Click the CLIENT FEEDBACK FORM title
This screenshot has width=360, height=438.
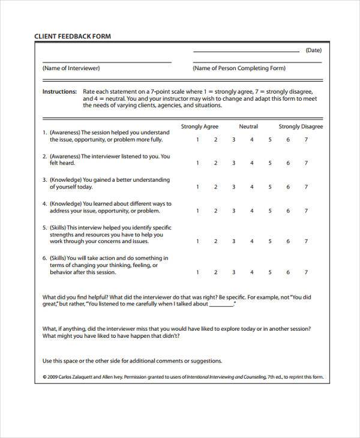[73, 36]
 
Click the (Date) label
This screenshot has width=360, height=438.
[314, 50]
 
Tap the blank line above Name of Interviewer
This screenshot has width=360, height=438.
[107, 62]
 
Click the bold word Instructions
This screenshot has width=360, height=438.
[59, 92]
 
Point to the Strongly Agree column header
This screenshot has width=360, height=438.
[200, 127]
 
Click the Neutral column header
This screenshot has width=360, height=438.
[248, 127]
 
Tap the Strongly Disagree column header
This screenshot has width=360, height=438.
[301, 127]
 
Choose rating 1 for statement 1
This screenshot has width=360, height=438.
[197, 140]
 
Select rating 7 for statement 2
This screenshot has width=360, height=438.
[306, 163]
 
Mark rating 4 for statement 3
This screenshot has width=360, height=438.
[252, 187]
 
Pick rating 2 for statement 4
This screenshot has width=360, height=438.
[215, 211]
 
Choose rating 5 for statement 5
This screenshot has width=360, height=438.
[270, 241]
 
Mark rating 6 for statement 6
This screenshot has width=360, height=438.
[288, 272]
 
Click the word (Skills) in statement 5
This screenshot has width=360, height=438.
[58, 227]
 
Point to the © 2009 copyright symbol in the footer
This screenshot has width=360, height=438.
[45, 377]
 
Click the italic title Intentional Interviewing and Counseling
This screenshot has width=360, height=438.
[227, 377]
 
